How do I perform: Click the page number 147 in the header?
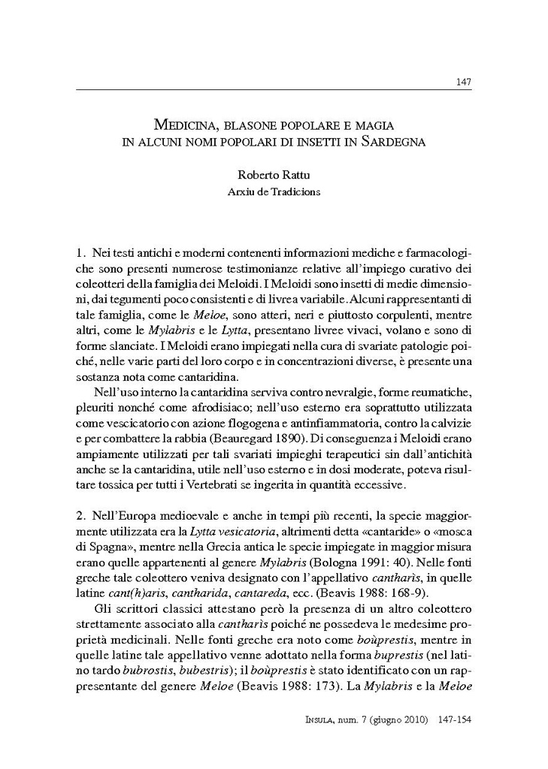pyautogui.click(x=464, y=82)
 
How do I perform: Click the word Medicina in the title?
pyautogui.click(x=180, y=125)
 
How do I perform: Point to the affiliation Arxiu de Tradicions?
pyautogui.click(x=274, y=191)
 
